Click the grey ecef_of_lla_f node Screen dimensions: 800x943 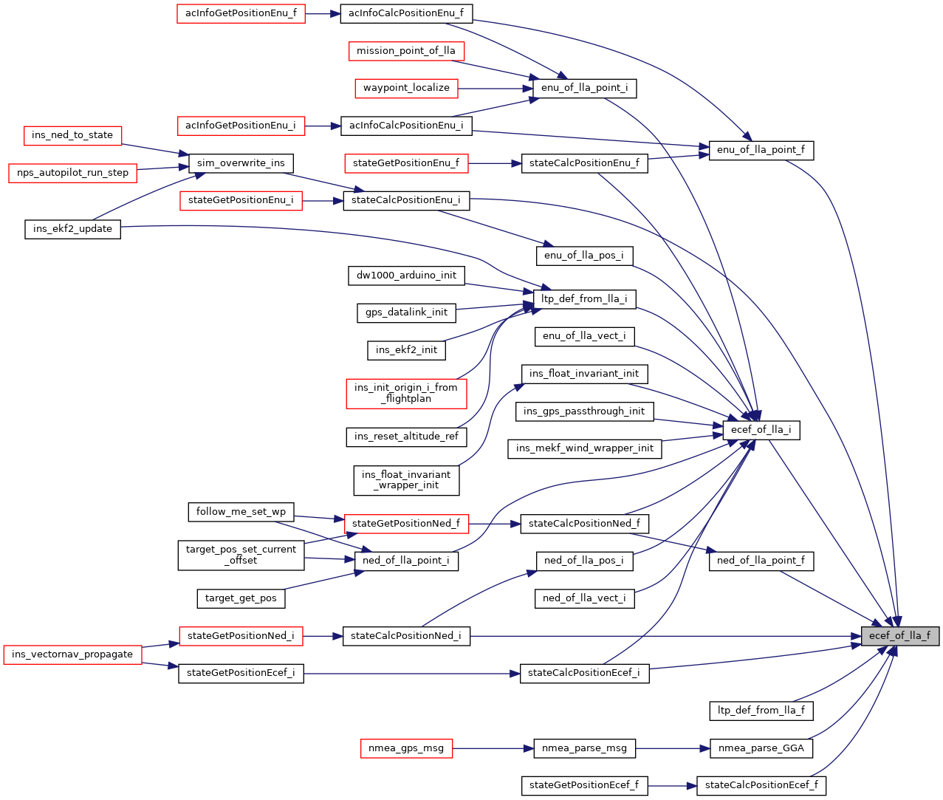(899, 636)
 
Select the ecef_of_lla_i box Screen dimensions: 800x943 (761, 430)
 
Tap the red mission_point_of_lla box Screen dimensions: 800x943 (406, 51)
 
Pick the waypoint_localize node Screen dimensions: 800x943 (406, 88)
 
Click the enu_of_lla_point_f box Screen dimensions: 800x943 (761, 150)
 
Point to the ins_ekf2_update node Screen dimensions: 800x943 (72, 229)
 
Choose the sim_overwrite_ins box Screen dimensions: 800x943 (241, 163)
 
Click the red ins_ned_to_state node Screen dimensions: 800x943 (72, 135)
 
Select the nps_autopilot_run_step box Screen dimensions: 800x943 (72, 173)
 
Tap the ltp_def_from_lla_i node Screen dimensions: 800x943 (584, 299)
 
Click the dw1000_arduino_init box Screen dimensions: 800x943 (406, 276)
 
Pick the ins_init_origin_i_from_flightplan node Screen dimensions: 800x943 (406, 393)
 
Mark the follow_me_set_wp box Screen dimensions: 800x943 (241, 512)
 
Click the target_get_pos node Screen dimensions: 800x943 (241, 598)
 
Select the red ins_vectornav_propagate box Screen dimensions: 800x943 (72, 654)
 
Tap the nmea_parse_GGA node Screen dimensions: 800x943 (761, 748)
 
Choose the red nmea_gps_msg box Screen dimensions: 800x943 (406, 748)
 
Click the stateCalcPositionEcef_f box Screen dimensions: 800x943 (761, 785)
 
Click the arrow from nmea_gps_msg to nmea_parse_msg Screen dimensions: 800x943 (493, 748)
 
